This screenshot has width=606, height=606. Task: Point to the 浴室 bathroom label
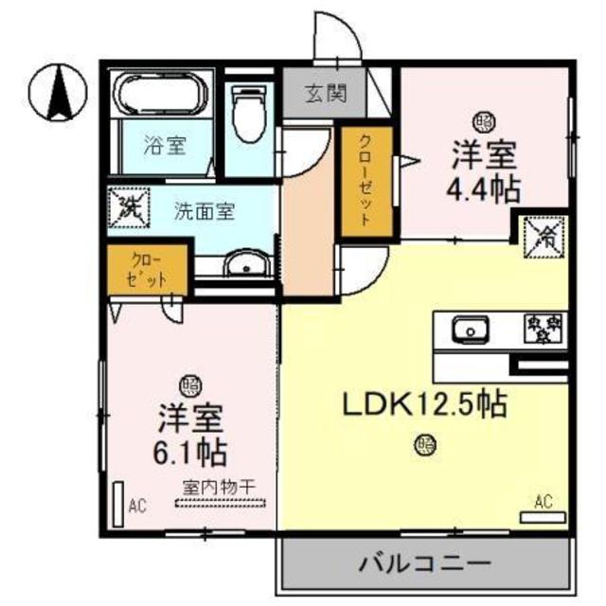(x=165, y=146)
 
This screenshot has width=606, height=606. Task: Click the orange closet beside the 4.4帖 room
(x=365, y=180)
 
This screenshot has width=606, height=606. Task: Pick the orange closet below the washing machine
(x=148, y=271)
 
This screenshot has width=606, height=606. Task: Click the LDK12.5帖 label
(x=424, y=404)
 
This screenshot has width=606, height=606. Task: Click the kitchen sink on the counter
(x=468, y=330)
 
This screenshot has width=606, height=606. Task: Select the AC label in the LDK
(x=543, y=501)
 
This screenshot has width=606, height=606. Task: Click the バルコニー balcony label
(x=424, y=565)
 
